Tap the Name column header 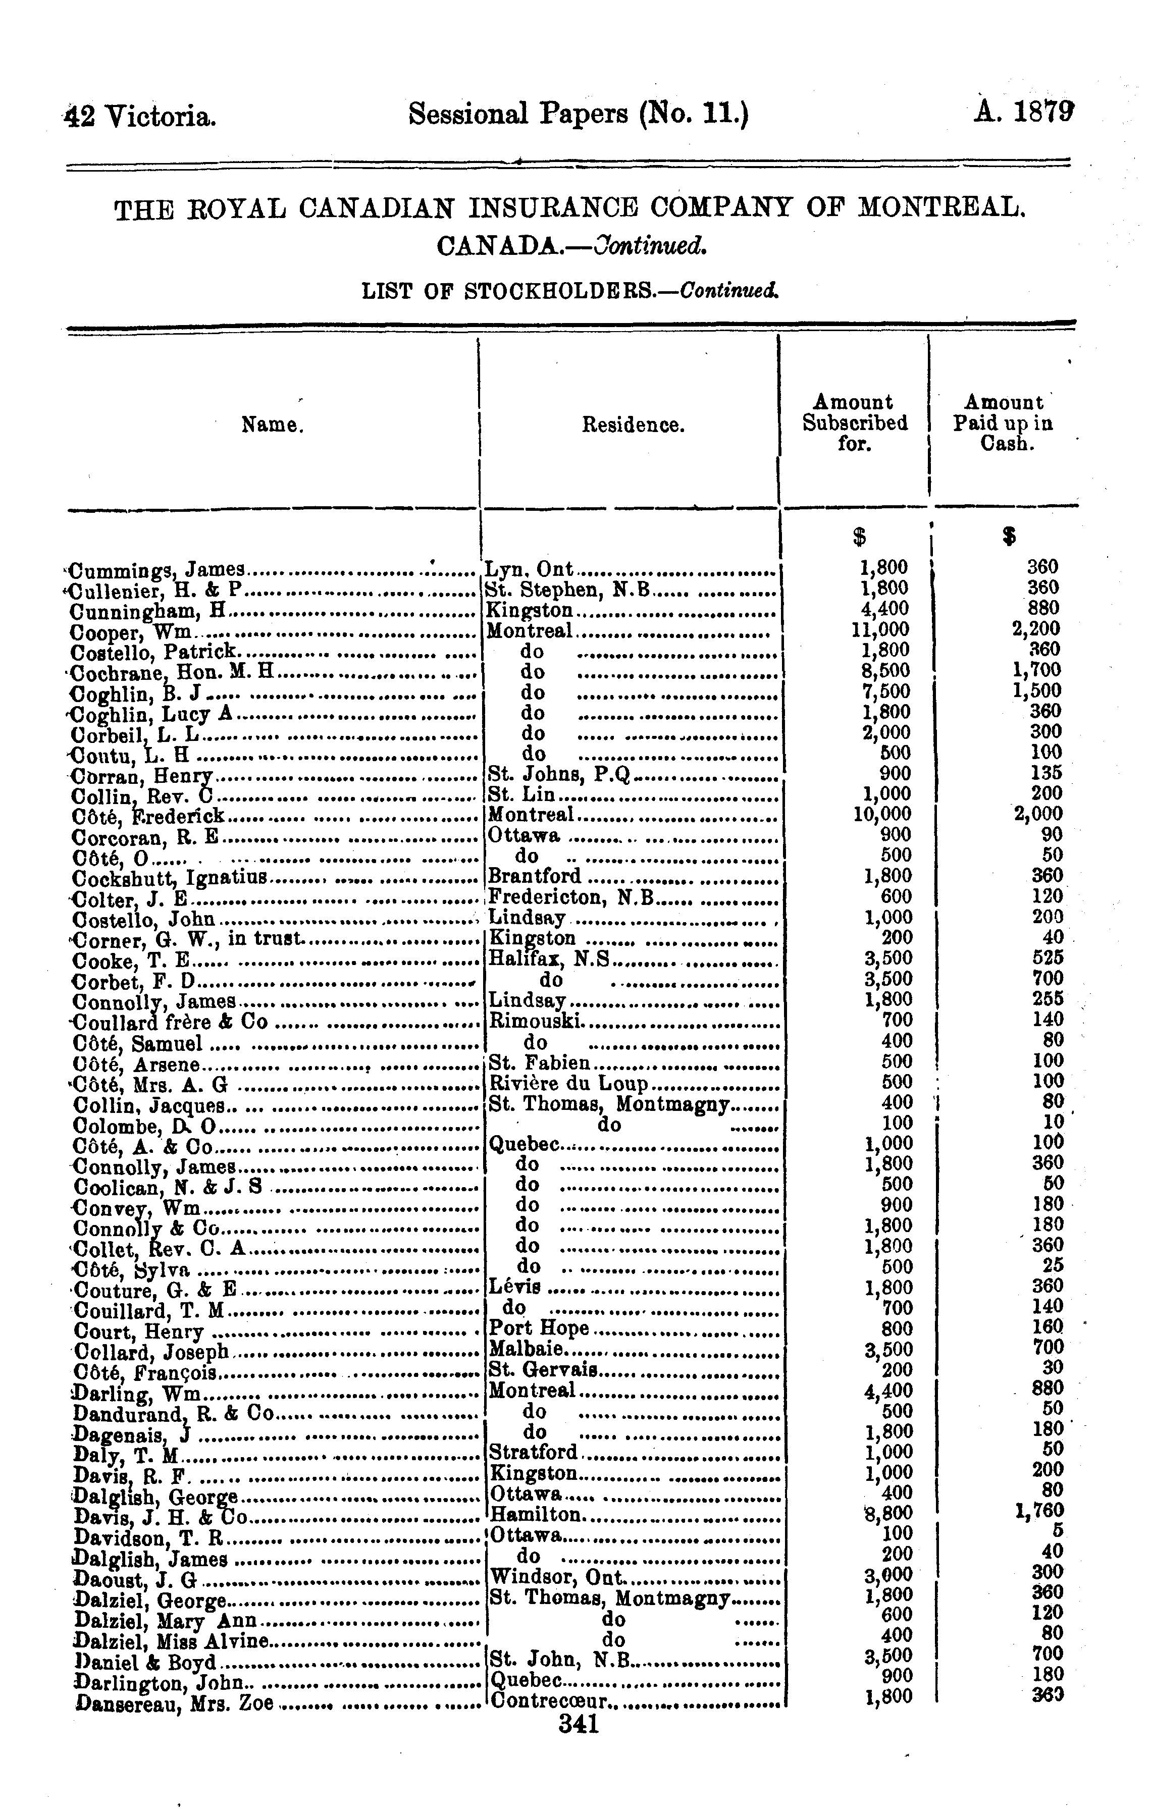273,426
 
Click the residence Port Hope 539,1327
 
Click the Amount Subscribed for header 854,423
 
